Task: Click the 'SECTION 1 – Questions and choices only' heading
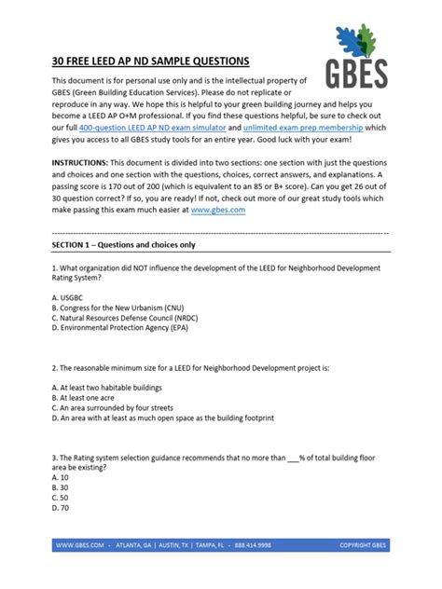pos(123,244)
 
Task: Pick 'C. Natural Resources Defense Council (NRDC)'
pos(131,318)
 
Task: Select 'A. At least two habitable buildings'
pos(110,386)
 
